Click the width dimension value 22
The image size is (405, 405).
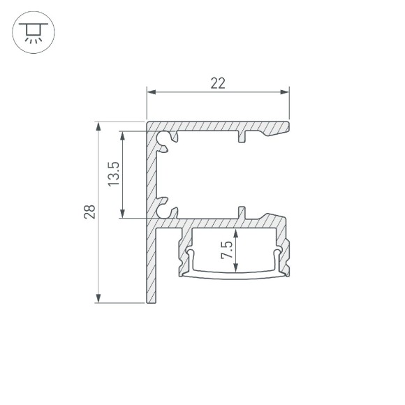click(x=218, y=83)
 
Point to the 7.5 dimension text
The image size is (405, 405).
click(x=226, y=249)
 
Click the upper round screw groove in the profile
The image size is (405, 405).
click(x=164, y=140)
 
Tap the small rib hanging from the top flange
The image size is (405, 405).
click(x=241, y=136)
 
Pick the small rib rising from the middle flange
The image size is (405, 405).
click(x=241, y=212)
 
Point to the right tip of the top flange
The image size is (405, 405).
click(x=287, y=126)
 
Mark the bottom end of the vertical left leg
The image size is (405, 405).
click(x=151, y=301)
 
